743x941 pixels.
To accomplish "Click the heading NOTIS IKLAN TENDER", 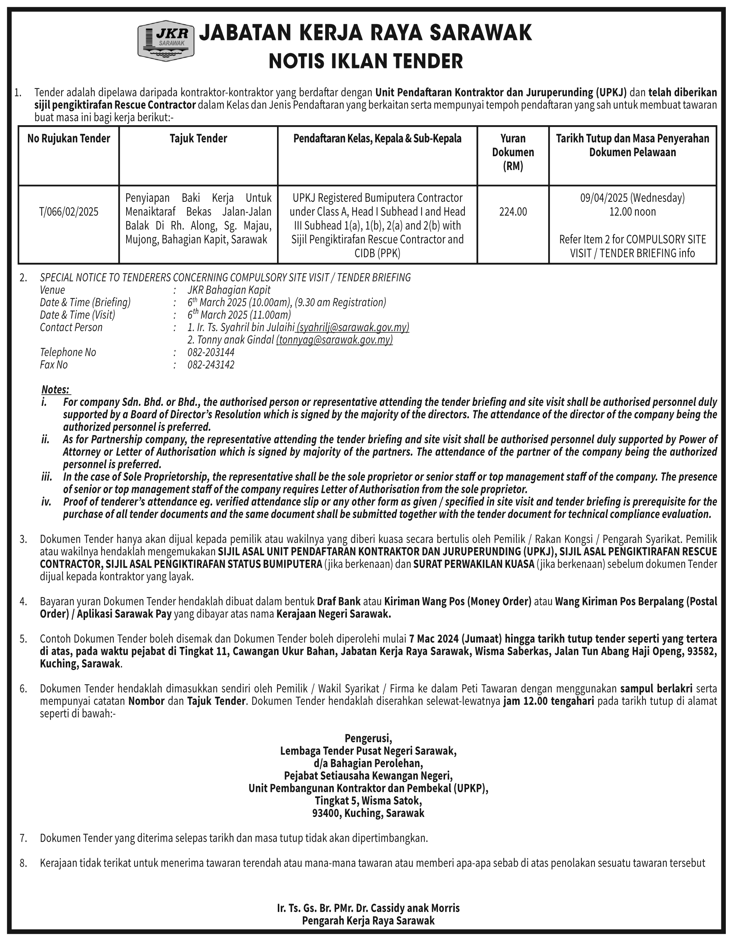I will (x=366, y=61).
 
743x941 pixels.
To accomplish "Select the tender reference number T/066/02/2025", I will (x=69, y=212).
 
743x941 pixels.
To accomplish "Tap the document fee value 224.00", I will (x=513, y=212).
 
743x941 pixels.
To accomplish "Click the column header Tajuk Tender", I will (x=198, y=139).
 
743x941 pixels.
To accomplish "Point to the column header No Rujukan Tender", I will (x=69, y=139).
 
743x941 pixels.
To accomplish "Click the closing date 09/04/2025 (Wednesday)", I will (x=632, y=198).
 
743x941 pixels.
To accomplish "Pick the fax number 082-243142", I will (x=211, y=365).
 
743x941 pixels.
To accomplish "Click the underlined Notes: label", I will (x=56, y=389).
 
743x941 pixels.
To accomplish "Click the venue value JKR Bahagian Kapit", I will (x=229, y=290).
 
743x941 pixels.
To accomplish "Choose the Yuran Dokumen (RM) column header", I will (x=513, y=152).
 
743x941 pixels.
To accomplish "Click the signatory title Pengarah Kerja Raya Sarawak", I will (x=368, y=921).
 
